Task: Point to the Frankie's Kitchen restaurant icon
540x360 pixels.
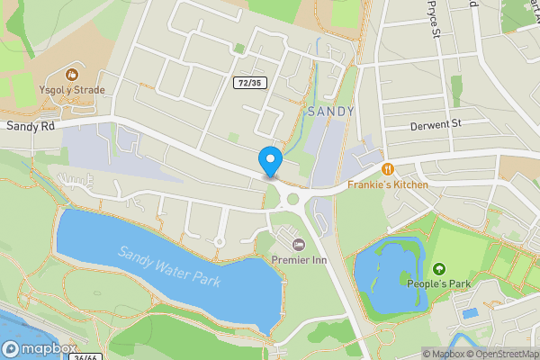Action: click(388, 168)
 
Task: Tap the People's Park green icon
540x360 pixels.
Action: click(439, 269)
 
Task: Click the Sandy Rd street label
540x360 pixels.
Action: click(31, 127)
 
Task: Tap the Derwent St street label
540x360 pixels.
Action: click(435, 123)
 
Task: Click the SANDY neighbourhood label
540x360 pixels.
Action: click(330, 112)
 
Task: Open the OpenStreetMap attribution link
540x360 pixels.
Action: click(502, 354)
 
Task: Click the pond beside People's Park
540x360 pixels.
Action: click(389, 274)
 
